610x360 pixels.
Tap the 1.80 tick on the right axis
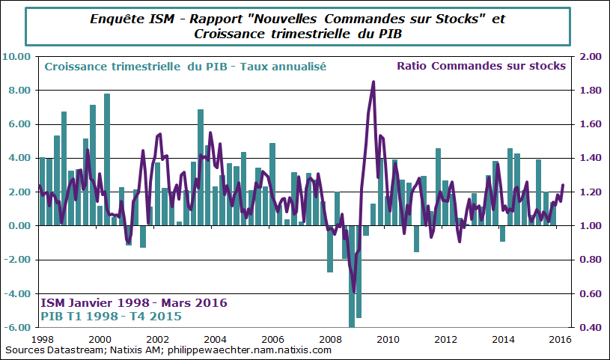coord(591,91)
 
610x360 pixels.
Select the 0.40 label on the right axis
coord(591,328)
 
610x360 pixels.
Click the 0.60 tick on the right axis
coord(591,293)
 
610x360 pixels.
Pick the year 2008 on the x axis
coord(329,340)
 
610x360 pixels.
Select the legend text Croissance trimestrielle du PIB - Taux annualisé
coord(185,67)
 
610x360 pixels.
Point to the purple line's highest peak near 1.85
coord(373,82)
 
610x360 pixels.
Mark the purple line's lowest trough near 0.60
coord(354,291)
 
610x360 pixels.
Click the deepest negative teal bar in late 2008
coord(352,299)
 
